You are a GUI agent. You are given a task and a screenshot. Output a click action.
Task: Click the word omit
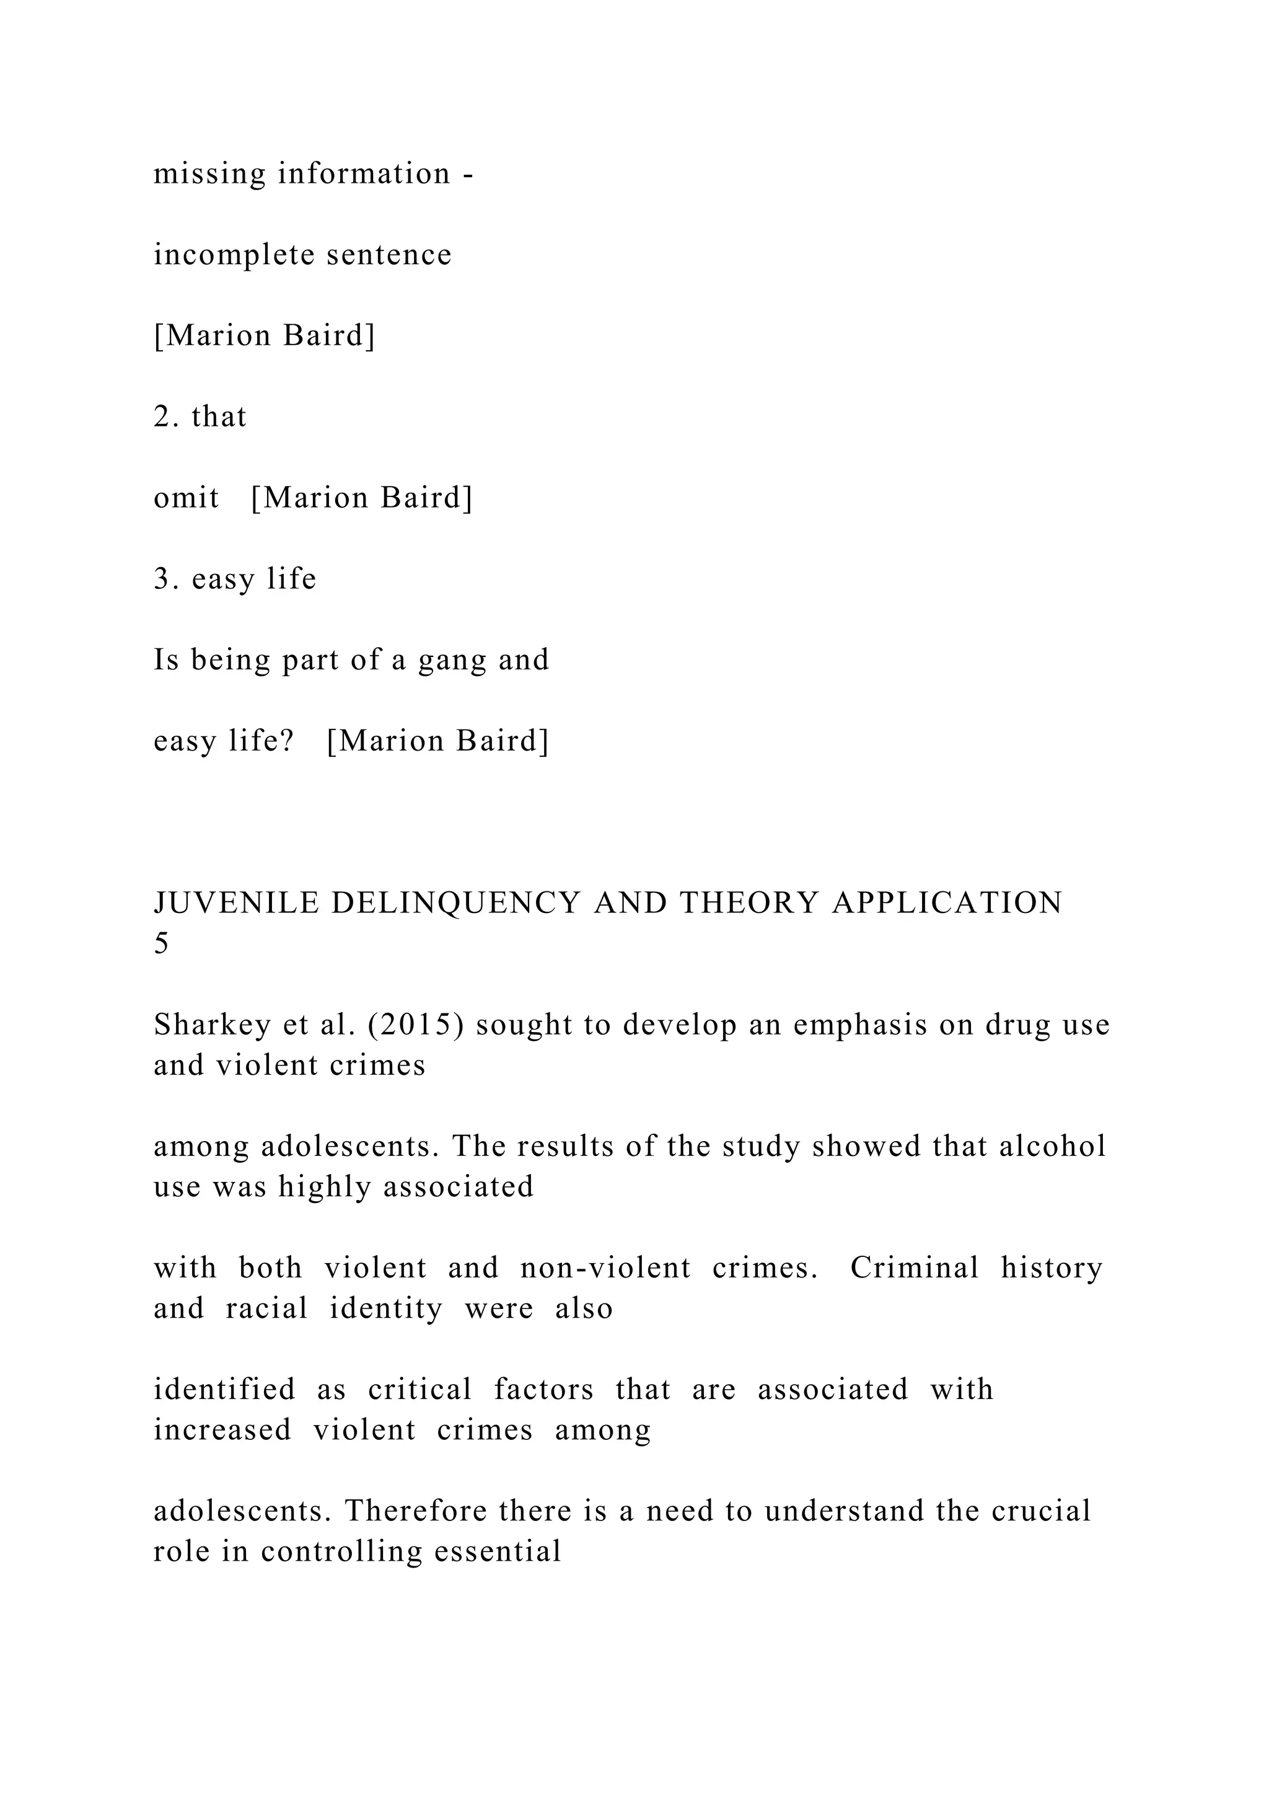(x=186, y=498)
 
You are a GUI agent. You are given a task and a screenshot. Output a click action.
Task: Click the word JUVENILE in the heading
(x=237, y=903)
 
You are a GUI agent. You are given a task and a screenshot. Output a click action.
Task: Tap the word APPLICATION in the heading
(x=946, y=903)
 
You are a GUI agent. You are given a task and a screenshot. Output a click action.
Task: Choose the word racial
(x=267, y=1308)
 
